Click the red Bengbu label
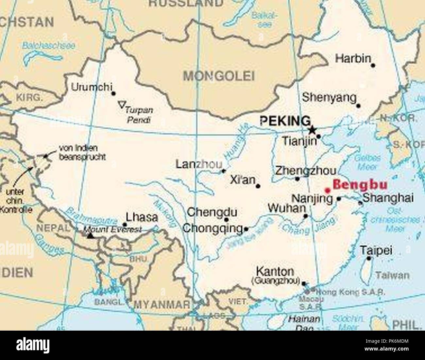[360, 185]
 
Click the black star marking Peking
[313, 130]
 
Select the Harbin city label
[353, 59]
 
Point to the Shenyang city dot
[358, 106]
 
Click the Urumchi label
[92, 87]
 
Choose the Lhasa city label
[142, 217]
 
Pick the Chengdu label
[212, 212]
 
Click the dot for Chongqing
[246, 229]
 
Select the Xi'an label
[242, 180]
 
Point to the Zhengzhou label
[305, 171]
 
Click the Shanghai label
[388, 198]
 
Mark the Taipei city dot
[369, 258]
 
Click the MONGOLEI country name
[218, 76]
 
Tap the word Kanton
[275, 271]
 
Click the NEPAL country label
[53, 228]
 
